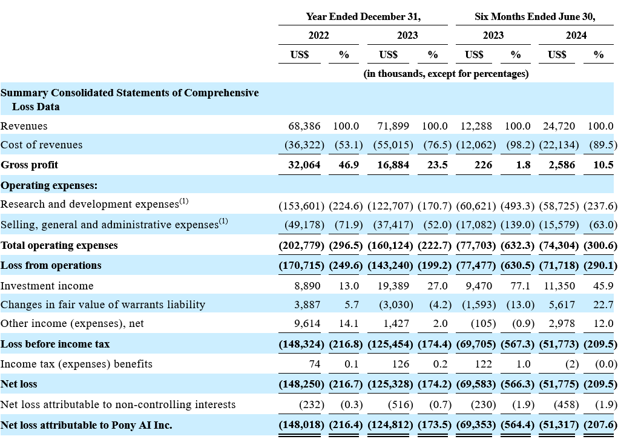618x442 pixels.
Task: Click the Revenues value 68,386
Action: (x=304, y=126)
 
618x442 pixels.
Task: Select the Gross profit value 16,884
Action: (x=393, y=165)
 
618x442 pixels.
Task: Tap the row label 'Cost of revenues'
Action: (x=41, y=145)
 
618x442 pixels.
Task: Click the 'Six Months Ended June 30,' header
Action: (x=535, y=16)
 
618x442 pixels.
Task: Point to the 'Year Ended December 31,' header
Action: (x=363, y=16)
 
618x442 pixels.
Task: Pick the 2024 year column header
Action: (x=576, y=36)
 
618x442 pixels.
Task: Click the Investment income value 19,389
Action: (x=393, y=286)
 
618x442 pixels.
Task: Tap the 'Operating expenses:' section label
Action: (x=49, y=185)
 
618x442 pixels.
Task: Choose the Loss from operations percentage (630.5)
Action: (x=518, y=265)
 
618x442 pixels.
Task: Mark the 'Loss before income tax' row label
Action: (x=55, y=345)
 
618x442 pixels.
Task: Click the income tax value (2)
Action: (x=572, y=364)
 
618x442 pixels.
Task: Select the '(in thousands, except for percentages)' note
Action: (x=445, y=74)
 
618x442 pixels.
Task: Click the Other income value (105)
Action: (x=483, y=324)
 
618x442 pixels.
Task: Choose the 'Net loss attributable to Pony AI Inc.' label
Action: (x=87, y=425)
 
